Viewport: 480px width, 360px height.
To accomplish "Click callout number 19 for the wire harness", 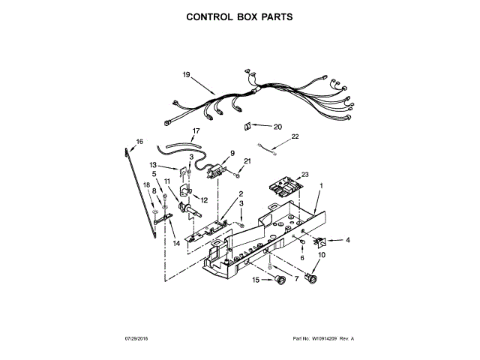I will coord(187,73).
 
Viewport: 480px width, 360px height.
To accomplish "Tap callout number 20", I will coord(277,127).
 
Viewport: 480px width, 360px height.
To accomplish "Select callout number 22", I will coord(295,136).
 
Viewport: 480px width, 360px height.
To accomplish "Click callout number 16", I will coord(139,141).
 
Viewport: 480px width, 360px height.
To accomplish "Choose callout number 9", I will coord(232,153).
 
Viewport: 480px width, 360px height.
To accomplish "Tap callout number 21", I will coord(248,161).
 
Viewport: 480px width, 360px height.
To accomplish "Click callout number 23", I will coord(305,175).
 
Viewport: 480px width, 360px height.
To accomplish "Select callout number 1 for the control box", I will coord(322,185).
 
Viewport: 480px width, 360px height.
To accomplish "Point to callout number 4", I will coord(347,241).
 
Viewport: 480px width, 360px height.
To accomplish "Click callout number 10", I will coord(322,256).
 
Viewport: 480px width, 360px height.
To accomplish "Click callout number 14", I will coord(176,243).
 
